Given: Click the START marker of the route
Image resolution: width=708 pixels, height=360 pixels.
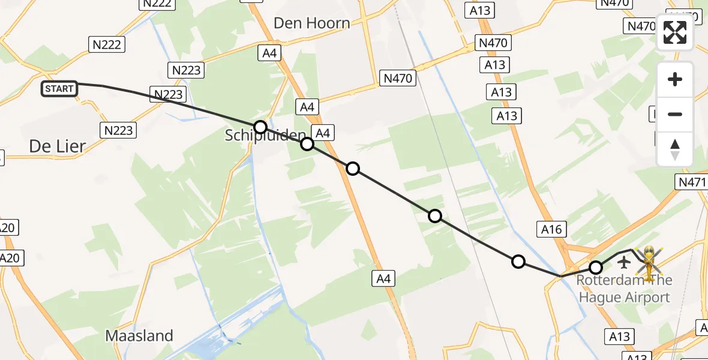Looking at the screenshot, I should coord(59,89).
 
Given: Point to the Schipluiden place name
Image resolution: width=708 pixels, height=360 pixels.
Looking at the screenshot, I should coord(265,136).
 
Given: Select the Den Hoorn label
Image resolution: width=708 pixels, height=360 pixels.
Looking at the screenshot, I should coord(311,23).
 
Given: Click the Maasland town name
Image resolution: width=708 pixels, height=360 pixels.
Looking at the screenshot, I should coord(139,335).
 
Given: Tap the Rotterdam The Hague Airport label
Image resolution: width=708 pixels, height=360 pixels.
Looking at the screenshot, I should coord(623,289).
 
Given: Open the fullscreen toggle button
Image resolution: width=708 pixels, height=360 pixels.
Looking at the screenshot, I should coord(675,32).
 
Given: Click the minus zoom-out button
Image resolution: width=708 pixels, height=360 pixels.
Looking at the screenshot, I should coord(675,114).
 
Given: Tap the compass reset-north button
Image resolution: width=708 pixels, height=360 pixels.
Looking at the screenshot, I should coord(675,149).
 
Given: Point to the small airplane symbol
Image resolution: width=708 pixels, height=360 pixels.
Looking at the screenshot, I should coord(624,262).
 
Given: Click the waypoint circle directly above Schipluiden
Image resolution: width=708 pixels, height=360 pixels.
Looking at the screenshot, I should coord(260,127).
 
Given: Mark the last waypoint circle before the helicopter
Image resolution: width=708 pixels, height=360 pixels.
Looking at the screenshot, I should coord(596,268).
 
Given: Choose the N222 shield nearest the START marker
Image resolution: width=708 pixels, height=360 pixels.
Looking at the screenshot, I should coord(107,44).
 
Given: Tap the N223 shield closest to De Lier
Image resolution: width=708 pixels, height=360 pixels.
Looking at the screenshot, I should coord(118,130).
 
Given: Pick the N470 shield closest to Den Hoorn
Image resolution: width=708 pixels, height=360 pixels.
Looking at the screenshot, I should coord(398,77).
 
